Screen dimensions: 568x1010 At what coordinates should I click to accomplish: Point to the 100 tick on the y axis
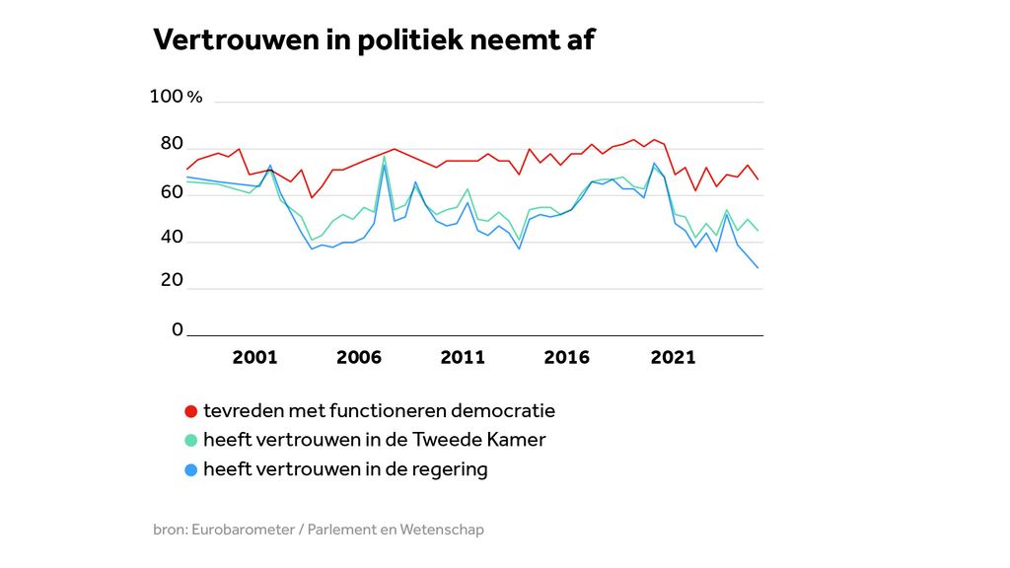[166, 97]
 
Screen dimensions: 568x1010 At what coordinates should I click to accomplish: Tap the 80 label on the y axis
[172, 145]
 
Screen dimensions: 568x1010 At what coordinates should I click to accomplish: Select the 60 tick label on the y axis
[172, 192]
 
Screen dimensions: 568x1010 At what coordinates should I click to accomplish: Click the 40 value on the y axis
[172, 238]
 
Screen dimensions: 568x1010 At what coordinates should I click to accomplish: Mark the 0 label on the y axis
[178, 329]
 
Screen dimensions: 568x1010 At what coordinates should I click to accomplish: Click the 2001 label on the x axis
[254, 357]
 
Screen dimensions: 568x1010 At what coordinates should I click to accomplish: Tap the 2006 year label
[358, 357]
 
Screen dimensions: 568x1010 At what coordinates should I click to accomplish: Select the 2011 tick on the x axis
[462, 357]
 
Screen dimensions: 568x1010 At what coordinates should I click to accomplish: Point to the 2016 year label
[566, 357]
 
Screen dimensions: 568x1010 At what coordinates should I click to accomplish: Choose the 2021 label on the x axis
[673, 357]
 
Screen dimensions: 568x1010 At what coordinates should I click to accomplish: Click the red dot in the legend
[191, 411]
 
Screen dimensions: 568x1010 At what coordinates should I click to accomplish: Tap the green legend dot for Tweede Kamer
[191, 441]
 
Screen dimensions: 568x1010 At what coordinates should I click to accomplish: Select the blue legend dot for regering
[191, 470]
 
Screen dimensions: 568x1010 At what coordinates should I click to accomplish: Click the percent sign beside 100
[194, 98]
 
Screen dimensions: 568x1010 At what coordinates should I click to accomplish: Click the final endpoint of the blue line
[757, 267]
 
